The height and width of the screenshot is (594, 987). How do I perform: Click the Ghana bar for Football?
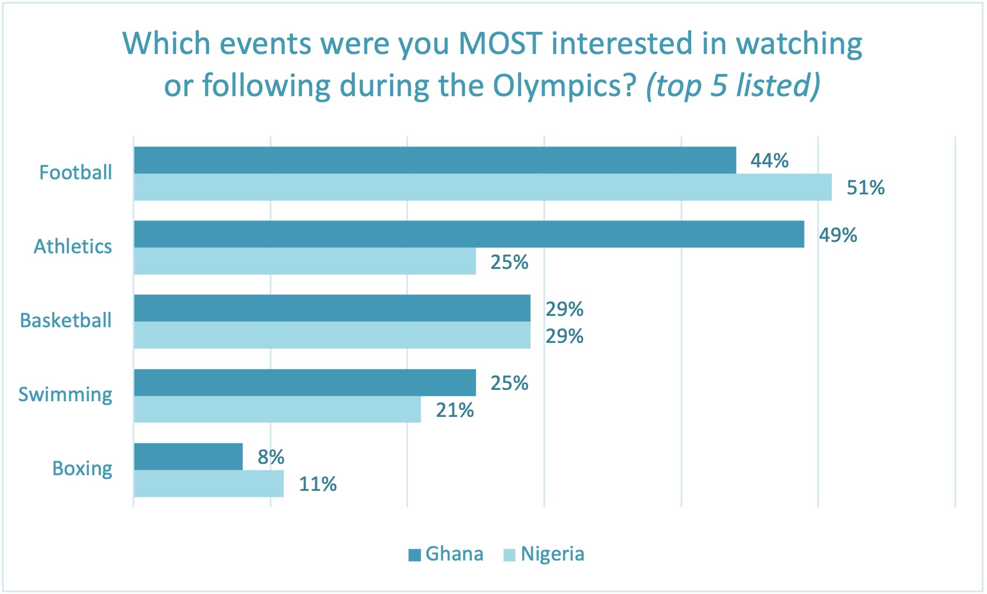click(x=435, y=160)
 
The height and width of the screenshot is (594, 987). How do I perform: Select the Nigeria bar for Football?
click(x=482, y=187)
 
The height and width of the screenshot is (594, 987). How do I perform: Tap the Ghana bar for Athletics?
click(x=469, y=234)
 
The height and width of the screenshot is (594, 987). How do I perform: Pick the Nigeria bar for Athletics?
click(x=305, y=261)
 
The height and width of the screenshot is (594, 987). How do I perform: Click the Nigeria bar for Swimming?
click(x=277, y=409)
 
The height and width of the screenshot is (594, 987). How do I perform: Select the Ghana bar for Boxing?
click(x=188, y=457)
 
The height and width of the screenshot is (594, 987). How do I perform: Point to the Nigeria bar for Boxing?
click(x=208, y=483)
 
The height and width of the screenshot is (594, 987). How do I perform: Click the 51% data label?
click(x=865, y=188)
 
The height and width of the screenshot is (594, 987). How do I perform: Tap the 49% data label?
click(x=837, y=235)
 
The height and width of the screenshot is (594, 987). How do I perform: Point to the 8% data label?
click(x=271, y=457)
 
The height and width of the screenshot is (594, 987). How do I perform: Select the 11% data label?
click(x=317, y=484)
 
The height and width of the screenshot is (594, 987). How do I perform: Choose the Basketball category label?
click(x=66, y=321)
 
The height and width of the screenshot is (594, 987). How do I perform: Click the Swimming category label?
click(x=65, y=395)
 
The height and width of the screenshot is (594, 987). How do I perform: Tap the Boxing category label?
click(x=82, y=469)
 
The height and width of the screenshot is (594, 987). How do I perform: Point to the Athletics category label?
click(x=73, y=247)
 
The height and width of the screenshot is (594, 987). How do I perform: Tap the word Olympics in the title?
click(x=564, y=86)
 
